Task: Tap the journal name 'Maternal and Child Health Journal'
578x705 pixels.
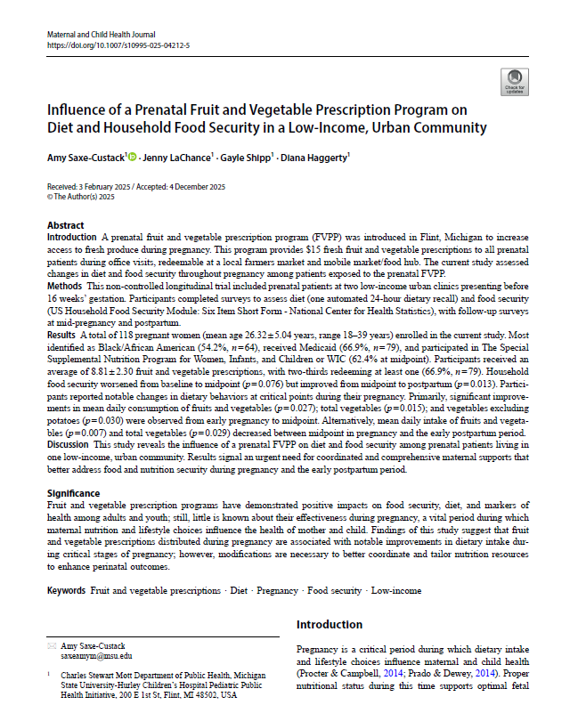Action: (103, 33)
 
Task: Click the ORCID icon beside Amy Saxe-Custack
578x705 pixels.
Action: (133, 158)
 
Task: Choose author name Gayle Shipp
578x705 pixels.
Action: (240, 158)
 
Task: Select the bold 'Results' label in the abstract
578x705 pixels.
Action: (63, 331)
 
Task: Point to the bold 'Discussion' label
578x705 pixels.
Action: (69, 443)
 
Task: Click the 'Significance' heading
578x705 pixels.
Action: (75, 493)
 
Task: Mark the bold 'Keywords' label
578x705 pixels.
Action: (67, 590)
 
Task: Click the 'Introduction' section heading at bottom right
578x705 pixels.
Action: (329, 624)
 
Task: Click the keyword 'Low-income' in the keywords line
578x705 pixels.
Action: (396, 590)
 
